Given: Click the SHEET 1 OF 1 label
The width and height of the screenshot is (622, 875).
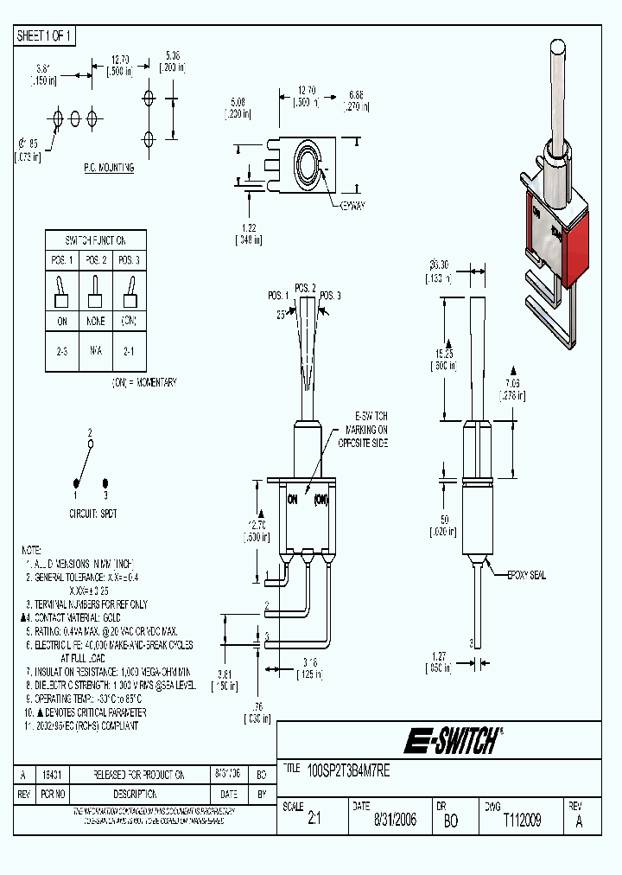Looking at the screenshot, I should click(45, 35).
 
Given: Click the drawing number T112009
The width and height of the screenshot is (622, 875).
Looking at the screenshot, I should click(521, 821).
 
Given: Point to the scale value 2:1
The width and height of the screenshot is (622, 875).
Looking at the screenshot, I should click(314, 821).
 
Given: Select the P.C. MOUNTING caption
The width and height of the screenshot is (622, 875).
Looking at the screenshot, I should click(108, 168).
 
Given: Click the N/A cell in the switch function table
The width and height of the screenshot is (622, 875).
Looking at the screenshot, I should click(95, 353).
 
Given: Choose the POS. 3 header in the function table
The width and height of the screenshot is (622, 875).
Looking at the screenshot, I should click(127, 260).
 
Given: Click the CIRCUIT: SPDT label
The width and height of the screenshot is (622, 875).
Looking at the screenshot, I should click(92, 513).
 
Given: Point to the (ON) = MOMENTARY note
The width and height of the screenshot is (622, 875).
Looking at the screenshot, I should click(143, 381).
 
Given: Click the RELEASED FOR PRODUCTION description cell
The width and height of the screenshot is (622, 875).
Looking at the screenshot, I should click(138, 776).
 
